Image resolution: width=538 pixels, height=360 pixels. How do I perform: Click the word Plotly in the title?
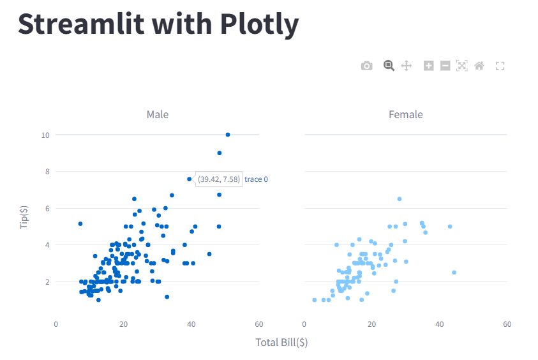pyautogui.click(x=260, y=25)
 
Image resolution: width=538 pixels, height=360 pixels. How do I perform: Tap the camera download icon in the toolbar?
pyautogui.click(x=366, y=66)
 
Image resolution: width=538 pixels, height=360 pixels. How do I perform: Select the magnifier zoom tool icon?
pyautogui.click(x=388, y=65)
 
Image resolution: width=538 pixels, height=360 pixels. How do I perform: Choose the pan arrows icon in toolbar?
pyautogui.click(x=406, y=66)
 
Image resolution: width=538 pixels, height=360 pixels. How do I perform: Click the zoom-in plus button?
pyautogui.click(x=429, y=66)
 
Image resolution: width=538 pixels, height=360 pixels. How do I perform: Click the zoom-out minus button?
pyautogui.click(x=445, y=66)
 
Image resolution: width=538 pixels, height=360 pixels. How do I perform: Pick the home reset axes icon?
pyautogui.click(x=479, y=66)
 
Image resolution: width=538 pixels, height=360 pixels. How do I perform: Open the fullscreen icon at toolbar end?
pyautogui.click(x=500, y=66)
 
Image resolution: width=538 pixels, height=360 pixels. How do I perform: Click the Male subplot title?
pyautogui.click(x=158, y=115)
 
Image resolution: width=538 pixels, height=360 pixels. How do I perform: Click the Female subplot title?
pyautogui.click(x=406, y=115)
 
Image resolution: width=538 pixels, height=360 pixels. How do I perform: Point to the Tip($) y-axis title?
pyautogui.click(x=25, y=216)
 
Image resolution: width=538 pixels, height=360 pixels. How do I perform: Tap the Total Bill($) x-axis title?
pyautogui.click(x=281, y=343)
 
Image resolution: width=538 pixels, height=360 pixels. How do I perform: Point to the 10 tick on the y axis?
pyautogui.click(x=45, y=135)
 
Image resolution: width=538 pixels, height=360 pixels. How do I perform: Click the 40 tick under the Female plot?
pyautogui.click(x=440, y=325)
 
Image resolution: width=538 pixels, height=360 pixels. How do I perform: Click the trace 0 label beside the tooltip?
pyautogui.click(x=256, y=179)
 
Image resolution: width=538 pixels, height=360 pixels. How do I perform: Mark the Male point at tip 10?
pyautogui.click(x=228, y=135)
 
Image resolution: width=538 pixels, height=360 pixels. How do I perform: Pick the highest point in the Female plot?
pyautogui.click(x=400, y=199)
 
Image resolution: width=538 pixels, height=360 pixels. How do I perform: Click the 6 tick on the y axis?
pyautogui.click(x=47, y=208)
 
